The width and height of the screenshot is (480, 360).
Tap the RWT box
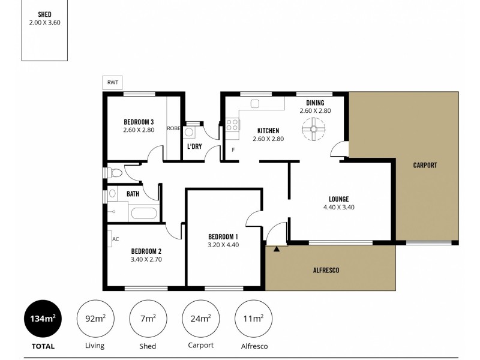pyautogui.click(x=112, y=83)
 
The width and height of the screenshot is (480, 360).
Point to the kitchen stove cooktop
pyautogui.click(x=232, y=125)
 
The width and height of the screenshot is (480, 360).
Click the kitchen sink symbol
pyautogui.click(x=254, y=104)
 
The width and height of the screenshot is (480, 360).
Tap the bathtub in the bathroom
pyautogui.click(x=144, y=212)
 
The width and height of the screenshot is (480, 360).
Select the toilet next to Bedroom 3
pyautogui.click(x=115, y=173)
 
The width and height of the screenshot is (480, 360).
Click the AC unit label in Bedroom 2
pyautogui.click(x=115, y=238)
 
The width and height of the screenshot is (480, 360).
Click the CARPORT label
pyautogui.click(x=425, y=165)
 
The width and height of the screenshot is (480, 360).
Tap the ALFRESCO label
pyautogui.click(x=326, y=270)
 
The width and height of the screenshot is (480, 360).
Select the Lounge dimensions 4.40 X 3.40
pyautogui.click(x=339, y=208)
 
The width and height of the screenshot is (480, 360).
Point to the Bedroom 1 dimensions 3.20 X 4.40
pyautogui.click(x=223, y=245)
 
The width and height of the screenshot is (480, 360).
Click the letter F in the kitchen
pyautogui.click(x=233, y=150)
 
